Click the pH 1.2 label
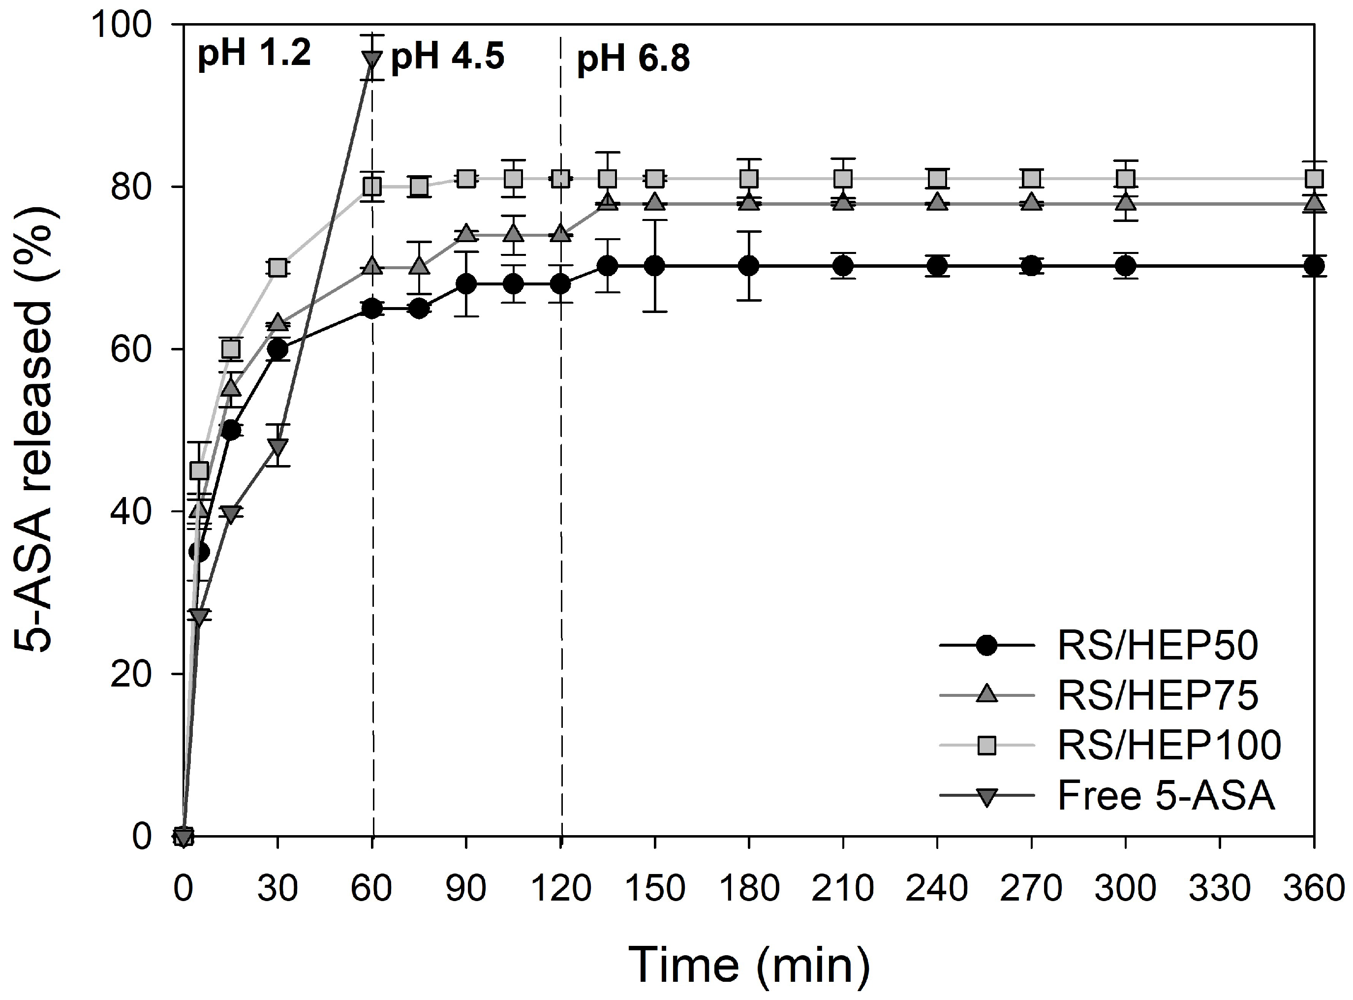pos(254,53)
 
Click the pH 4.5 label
pos(447,58)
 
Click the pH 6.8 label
pos(633,60)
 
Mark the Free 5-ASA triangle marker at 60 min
pos(372,60)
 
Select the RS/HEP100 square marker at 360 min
pos(1314,179)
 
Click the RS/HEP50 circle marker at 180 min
pos(749,266)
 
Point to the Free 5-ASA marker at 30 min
pos(278,447)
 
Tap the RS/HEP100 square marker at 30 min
pos(278,268)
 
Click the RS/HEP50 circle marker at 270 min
pos(1032,266)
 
